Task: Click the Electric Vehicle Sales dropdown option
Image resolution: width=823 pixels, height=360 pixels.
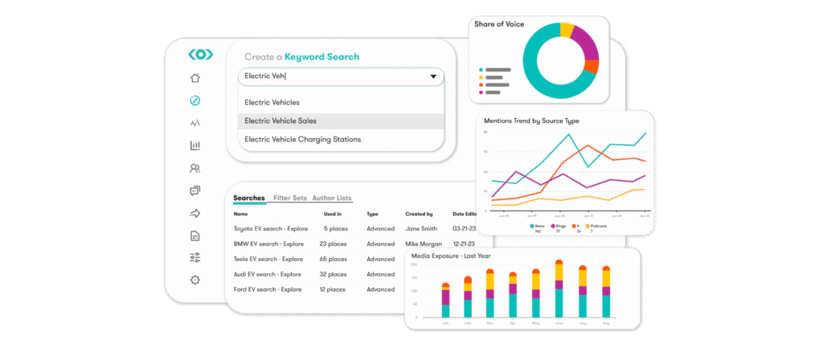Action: (280, 121)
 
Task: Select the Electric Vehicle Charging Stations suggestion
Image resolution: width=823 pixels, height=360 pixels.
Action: (302, 139)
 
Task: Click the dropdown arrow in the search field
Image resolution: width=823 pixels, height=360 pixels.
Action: (433, 77)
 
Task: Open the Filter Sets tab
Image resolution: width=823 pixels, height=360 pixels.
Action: (289, 198)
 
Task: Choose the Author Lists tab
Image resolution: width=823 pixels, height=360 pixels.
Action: (331, 198)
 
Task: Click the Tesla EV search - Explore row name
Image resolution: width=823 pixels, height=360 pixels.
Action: (268, 259)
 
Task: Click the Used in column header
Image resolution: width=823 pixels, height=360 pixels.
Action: (332, 215)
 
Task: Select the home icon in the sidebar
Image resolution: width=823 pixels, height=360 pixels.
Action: (194, 78)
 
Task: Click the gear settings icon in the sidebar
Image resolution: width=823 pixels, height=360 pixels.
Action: (194, 280)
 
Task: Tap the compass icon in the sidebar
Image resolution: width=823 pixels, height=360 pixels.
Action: (194, 100)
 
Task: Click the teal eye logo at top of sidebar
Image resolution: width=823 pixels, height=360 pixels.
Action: (200, 55)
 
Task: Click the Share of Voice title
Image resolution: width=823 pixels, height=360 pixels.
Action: (499, 24)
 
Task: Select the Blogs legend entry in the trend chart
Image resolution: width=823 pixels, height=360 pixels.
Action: (560, 227)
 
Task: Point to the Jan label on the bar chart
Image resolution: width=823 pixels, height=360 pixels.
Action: (445, 322)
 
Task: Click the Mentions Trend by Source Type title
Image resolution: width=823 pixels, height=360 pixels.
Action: (530, 121)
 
